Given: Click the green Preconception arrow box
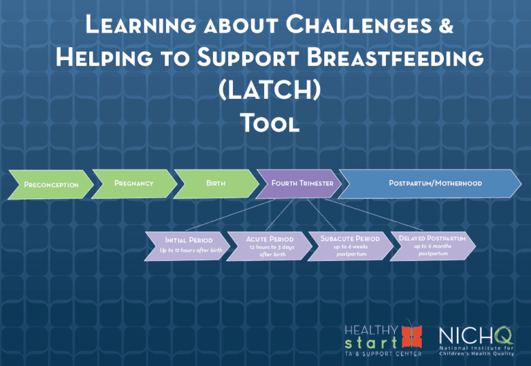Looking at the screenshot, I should [51, 185].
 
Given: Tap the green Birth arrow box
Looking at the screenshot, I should [215, 183].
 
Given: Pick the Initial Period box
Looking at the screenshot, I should [187, 245].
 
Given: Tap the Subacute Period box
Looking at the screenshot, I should [350, 245].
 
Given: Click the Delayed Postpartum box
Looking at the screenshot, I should [433, 244].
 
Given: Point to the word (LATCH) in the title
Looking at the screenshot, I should [266, 91].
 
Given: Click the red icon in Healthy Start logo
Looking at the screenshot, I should [412, 336].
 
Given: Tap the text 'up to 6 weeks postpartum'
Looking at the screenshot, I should [350, 250].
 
